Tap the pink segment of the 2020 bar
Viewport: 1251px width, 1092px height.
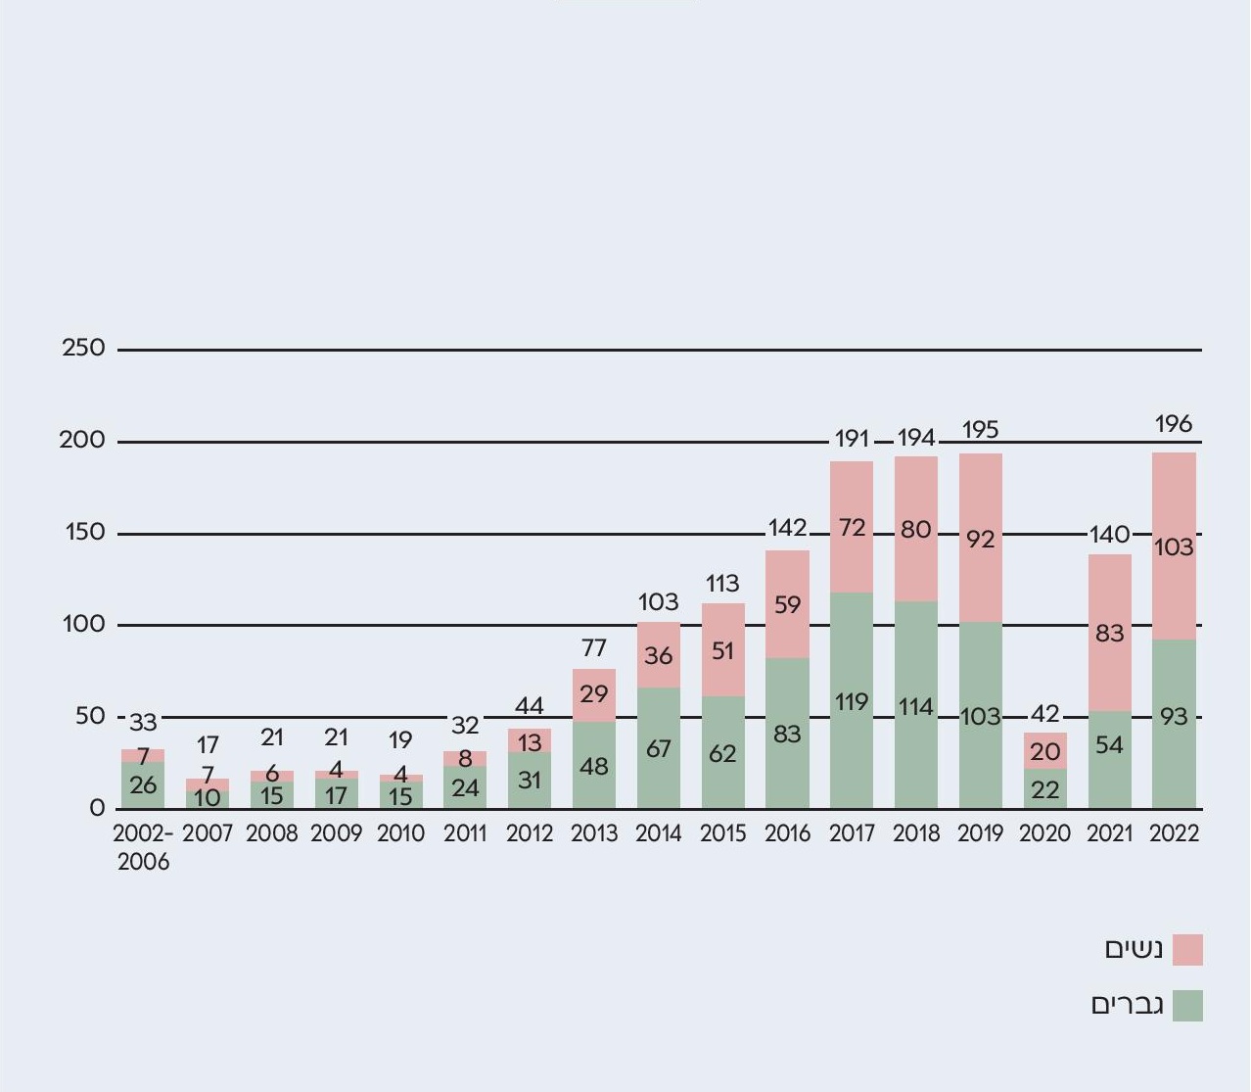1045,751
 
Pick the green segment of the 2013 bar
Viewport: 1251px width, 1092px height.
594,766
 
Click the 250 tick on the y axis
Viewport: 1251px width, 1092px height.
83,349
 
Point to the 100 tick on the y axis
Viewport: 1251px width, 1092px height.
83,625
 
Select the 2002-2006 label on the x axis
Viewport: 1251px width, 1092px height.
143,848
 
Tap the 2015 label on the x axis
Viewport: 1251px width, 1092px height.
722,834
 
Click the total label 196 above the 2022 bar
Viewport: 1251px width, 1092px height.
1174,424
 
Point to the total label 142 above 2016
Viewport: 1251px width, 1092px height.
787,528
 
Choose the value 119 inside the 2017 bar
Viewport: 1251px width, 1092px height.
852,702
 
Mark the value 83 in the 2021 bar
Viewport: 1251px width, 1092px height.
1109,634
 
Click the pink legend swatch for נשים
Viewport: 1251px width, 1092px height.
1187,950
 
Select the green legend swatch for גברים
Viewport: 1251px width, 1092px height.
1187,1006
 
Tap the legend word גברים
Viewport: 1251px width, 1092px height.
1128,1005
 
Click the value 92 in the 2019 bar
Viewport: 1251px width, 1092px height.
980,540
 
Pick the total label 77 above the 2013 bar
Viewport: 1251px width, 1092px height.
594,648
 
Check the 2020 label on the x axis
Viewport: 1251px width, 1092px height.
1045,834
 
